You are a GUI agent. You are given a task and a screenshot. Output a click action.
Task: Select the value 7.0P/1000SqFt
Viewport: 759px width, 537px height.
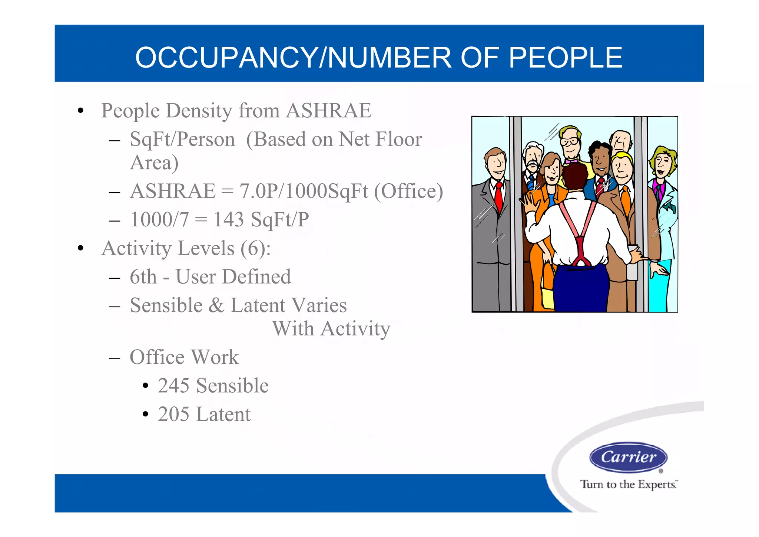[304, 191]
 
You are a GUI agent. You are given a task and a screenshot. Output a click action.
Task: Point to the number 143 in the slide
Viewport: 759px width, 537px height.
[229, 219]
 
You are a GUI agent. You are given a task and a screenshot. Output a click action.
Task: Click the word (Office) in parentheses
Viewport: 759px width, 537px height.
[408, 191]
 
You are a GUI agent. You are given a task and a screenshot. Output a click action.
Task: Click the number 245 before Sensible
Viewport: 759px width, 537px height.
[173, 386]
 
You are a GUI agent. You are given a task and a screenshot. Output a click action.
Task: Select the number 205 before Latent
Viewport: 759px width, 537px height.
[173, 414]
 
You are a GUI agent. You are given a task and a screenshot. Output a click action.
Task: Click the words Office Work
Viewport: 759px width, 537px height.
[184, 357]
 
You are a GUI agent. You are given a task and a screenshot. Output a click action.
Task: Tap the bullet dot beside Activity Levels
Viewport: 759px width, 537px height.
[80, 248]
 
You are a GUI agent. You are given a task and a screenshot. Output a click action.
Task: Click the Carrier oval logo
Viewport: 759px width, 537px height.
[628, 457]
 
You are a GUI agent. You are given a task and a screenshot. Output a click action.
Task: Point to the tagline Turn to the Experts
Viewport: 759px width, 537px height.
[629, 484]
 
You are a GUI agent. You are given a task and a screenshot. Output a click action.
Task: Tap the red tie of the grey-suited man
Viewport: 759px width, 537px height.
[499, 197]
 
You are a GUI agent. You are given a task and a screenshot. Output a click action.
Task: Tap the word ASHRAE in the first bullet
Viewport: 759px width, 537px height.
[329, 111]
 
